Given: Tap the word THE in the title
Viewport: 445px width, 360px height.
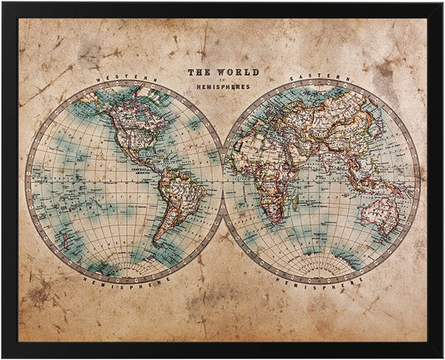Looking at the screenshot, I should point(199,73).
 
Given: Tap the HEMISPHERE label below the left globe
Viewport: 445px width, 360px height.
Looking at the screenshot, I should point(124,281).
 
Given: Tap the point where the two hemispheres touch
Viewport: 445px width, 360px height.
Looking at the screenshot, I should point(223,180).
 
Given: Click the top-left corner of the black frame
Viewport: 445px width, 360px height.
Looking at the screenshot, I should point(3,3).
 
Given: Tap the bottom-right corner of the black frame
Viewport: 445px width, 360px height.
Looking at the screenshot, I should point(442,357).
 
